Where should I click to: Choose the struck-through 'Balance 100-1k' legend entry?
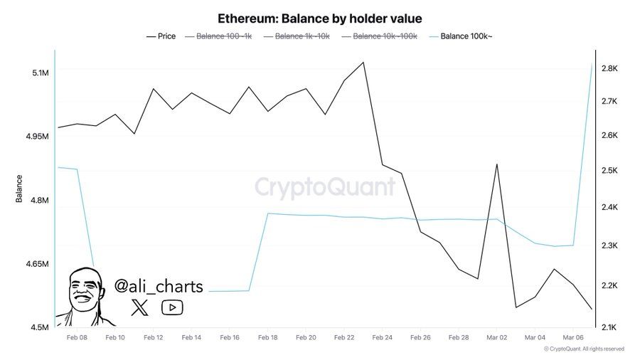(223, 36)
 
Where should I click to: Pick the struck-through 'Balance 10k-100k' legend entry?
(383, 36)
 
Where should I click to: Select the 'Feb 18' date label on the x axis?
(269, 338)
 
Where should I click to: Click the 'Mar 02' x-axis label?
(496, 338)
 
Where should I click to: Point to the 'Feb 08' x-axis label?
(77, 338)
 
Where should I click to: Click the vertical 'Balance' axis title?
(19, 189)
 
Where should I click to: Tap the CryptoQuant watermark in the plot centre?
(325, 187)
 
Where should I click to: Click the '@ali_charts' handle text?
(159, 286)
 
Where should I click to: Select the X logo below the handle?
(141, 307)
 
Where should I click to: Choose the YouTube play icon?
(172, 307)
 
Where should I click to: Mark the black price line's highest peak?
(363, 62)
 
